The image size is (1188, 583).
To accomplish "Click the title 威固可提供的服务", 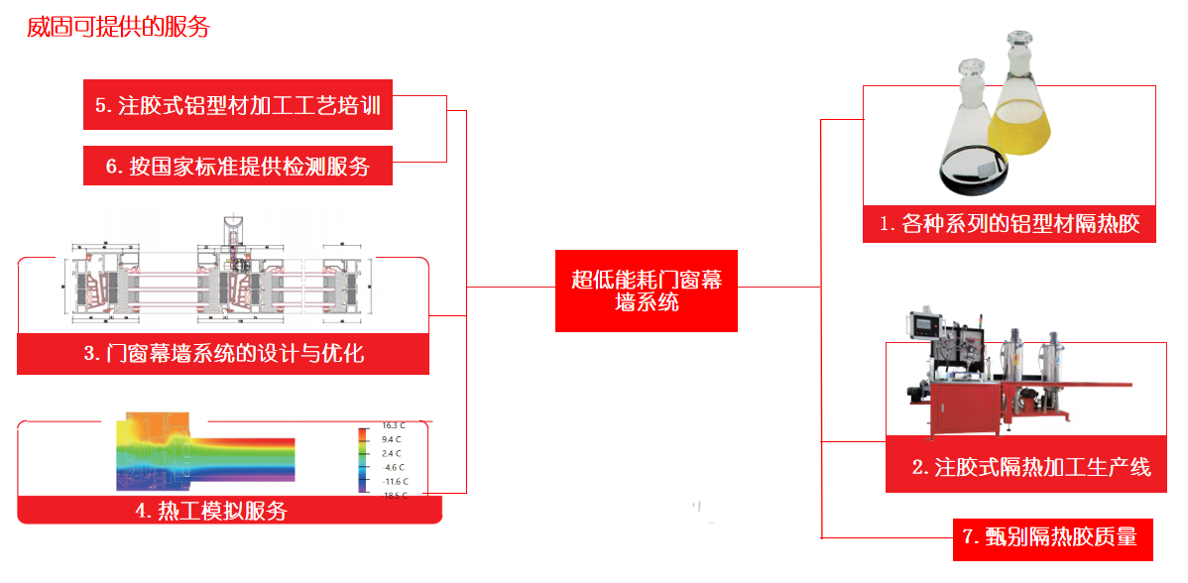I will point(119,28).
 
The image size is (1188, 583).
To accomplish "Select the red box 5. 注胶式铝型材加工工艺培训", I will point(238,105).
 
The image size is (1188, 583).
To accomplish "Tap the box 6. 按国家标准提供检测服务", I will point(238,166).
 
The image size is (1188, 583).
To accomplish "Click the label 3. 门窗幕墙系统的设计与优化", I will point(223,353).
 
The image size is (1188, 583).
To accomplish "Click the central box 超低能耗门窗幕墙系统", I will point(647,291).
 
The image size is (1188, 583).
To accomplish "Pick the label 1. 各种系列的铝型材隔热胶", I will point(1010,224).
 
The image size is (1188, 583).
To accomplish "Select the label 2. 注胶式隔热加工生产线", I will point(1031,467).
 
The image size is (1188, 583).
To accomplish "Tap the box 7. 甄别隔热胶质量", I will point(1054,537).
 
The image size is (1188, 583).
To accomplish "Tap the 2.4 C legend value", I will point(392,453).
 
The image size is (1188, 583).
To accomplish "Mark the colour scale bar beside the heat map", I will point(364,459).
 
